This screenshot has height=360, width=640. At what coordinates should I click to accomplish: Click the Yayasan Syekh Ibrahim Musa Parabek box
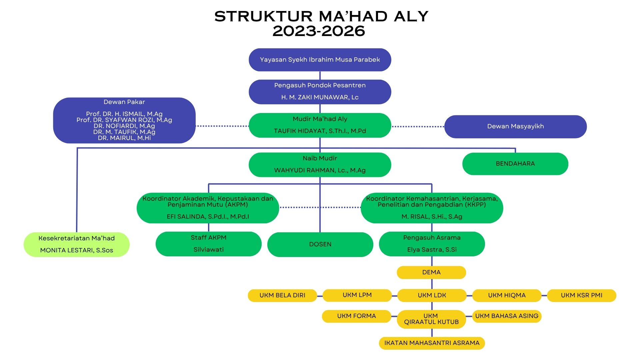point(320,60)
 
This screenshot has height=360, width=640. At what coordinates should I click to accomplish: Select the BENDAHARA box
point(515,164)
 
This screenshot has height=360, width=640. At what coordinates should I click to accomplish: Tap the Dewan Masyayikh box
point(515,126)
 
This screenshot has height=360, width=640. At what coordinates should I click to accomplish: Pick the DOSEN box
point(320,244)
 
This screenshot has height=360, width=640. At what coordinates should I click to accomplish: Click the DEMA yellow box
point(431,272)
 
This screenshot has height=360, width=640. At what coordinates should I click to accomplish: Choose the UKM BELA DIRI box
point(282,295)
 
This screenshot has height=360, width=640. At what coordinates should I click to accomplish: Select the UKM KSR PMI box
point(581,295)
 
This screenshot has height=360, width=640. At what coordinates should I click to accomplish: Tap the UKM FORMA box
point(356,316)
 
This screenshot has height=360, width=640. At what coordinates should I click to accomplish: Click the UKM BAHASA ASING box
point(507,316)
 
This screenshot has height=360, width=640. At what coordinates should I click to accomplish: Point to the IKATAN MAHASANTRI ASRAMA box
point(432,343)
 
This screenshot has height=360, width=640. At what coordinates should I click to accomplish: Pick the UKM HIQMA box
point(507,295)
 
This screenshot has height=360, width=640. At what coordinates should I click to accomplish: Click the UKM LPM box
point(357,295)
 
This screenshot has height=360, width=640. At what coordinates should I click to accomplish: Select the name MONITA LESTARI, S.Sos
point(77,250)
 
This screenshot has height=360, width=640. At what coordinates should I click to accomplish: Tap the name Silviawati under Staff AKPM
point(209,250)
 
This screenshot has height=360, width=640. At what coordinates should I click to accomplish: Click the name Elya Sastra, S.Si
point(432,250)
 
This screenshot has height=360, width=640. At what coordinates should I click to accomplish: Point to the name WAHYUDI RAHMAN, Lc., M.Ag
point(320,170)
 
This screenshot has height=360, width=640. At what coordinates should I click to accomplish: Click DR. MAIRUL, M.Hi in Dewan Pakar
point(124,138)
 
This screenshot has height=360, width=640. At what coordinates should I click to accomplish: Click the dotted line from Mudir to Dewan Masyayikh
point(418,127)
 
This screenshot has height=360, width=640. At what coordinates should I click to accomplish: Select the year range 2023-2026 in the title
point(319,31)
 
